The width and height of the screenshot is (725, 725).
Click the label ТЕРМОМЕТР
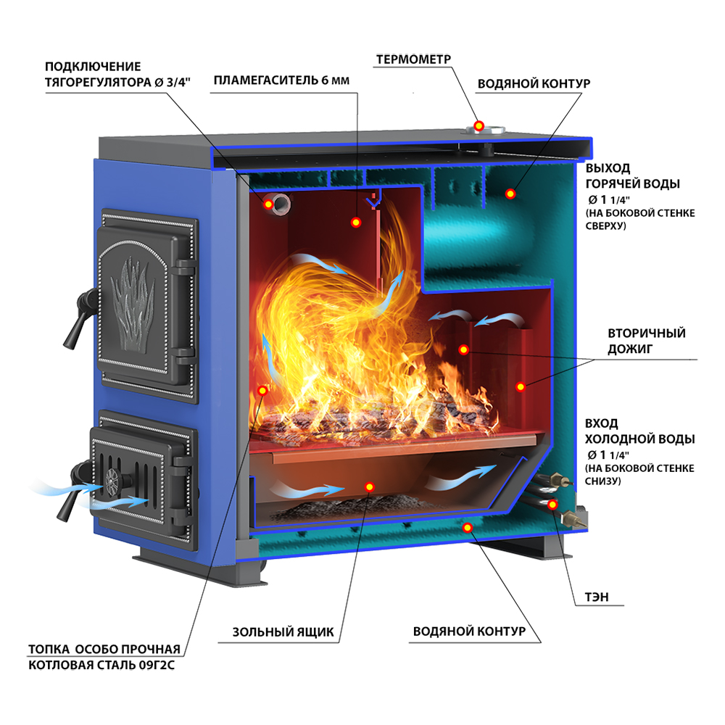(x=413, y=59)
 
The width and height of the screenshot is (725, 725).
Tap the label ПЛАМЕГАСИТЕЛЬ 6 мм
(x=281, y=80)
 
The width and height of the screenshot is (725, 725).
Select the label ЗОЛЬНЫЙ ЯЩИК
(x=283, y=632)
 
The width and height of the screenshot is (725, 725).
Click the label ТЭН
(x=597, y=597)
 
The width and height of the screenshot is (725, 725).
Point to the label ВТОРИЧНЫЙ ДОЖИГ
(x=647, y=341)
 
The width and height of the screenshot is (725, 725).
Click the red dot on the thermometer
(x=479, y=125)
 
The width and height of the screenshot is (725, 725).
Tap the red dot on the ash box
(x=369, y=486)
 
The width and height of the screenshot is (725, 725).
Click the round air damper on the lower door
(x=113, y=482)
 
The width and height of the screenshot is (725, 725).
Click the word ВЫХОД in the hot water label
(x=608, y=168)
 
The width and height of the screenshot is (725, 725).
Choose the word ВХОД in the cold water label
(x=601, y=423)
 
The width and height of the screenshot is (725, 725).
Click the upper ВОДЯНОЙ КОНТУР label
(x=534, y=83)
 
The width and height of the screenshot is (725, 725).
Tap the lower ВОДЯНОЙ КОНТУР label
(x=469, y=631)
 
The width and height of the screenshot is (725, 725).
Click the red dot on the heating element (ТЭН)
(x=552, y=505)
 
